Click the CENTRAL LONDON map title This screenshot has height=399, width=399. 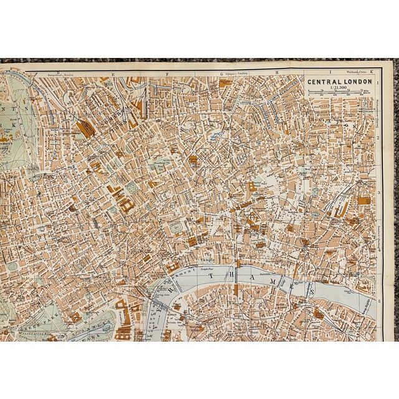(339, 81)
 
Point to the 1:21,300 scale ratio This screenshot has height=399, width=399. (339, 88)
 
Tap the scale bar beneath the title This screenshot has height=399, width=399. (339, 93)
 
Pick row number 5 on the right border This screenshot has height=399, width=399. (380, 300)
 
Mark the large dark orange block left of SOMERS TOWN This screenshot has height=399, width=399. (85, 128)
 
